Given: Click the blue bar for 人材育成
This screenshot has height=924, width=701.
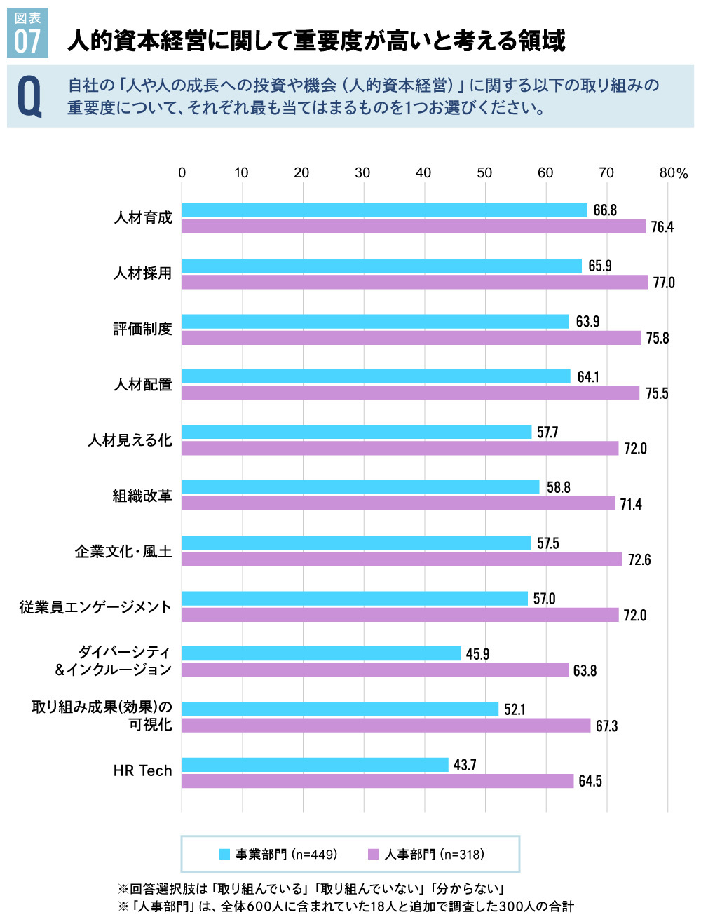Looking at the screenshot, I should pos(384,210).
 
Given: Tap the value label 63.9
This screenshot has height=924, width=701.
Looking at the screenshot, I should pos(587,322).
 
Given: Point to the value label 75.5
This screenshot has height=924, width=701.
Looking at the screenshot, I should pos(657,394).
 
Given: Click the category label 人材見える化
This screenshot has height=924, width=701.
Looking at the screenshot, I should pos(130,440).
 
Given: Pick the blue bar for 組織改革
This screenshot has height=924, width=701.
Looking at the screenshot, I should pos(360,487).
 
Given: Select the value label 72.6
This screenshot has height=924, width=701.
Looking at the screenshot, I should pos(639,560).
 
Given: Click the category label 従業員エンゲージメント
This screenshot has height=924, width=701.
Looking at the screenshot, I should pos(95,607).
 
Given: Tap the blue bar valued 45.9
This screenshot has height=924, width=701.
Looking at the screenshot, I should pos(321,653).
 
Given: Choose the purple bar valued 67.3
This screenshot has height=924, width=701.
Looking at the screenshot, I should pos(386,726).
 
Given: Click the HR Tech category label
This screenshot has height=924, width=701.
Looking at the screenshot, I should pos(142,771).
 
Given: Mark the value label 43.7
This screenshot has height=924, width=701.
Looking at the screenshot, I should pos(465,765).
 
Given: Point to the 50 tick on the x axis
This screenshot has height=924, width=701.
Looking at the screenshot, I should pos(484,173).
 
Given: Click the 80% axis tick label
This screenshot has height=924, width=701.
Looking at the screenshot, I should pos(673,173).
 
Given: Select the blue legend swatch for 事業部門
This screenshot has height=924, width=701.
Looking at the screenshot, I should pos(224,854).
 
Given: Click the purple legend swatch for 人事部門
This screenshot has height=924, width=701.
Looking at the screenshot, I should pos(373,854).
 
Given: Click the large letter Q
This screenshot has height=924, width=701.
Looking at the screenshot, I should pos(29,97).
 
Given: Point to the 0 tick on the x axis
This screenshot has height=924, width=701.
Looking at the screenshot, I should pos(182,173).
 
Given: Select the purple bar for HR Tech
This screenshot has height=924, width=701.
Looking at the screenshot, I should pos(378,781).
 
